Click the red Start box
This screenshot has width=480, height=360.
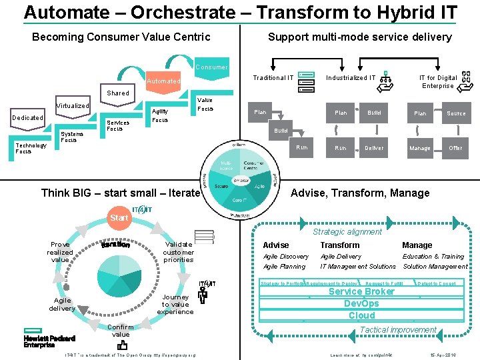119,217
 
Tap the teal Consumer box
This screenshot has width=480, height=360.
211,67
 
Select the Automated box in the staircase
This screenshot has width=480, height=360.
163,81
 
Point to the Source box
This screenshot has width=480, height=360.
456,113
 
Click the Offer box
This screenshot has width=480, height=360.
455,148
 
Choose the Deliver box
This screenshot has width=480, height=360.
374,148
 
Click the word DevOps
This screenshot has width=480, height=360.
361,303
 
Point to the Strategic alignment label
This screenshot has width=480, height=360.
347,232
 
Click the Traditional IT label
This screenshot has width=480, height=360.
273,78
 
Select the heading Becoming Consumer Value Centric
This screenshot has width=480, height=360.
121,37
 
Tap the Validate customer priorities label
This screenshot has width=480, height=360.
179,252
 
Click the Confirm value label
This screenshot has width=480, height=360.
121,331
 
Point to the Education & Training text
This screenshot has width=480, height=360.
433,257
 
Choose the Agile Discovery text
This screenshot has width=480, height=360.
286,257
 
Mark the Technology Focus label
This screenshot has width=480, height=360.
31,148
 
